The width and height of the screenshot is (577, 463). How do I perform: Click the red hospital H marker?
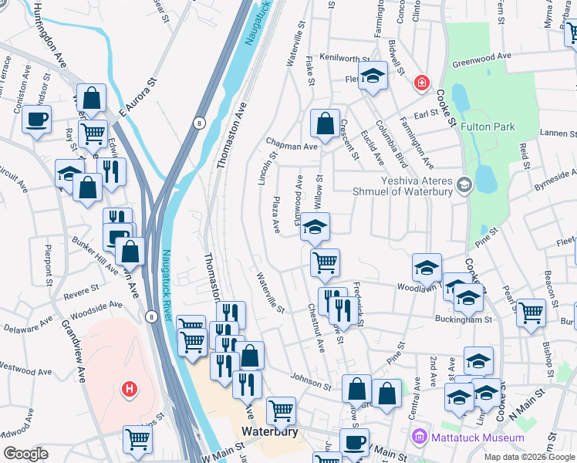pyautogui.click(x=130, y=387)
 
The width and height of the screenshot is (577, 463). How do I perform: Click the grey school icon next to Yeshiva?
pyautogui.click(x=464, y=184)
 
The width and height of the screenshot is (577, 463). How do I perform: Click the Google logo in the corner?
pyautogui.click(x=25, y=454)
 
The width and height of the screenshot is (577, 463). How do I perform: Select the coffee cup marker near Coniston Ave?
pyautogui.click(x=37, y=120)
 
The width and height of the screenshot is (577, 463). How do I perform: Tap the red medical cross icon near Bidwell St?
pyautogui.click(x=421, y=83)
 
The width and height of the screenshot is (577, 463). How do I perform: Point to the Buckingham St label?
pyautogui.click(x=464, y=319)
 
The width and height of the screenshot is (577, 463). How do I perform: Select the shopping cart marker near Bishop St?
pyautogui.click(x=531, y=313)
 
